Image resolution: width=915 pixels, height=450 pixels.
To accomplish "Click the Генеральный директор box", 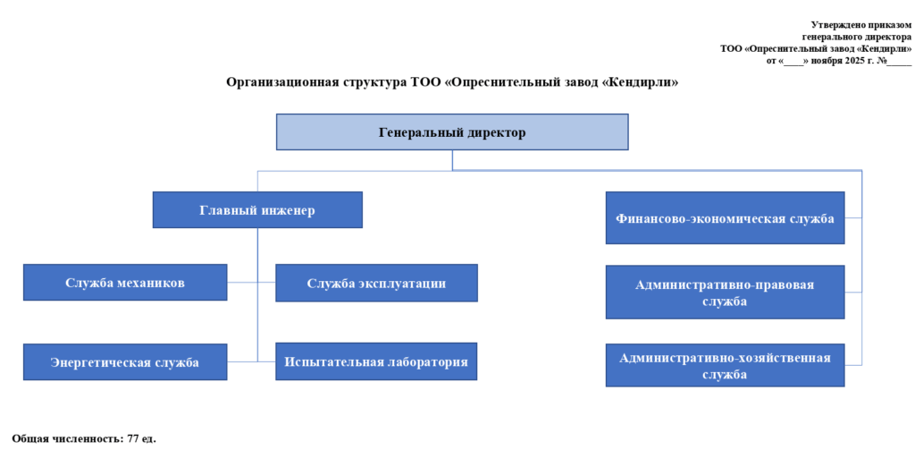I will (x=452, y=132).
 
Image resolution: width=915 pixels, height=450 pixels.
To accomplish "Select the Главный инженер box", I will (x=257, y=210).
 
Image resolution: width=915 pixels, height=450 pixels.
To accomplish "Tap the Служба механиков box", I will (x=124, y=283).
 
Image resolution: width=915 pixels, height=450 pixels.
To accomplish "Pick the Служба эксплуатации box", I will (x=376, y=283).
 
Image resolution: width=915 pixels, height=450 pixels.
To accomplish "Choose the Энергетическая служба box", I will (x=124, y=362).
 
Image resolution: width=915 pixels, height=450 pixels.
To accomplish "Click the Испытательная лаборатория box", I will (x=376, y=362).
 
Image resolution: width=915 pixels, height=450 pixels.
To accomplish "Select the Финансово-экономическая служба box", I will (x=725, y=218).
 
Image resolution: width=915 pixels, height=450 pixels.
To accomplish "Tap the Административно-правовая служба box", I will (x=725, y=293).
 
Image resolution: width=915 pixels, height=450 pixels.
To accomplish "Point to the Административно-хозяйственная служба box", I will (x=725, y=365).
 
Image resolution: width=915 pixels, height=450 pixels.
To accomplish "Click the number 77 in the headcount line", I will (x=134, y=438).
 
